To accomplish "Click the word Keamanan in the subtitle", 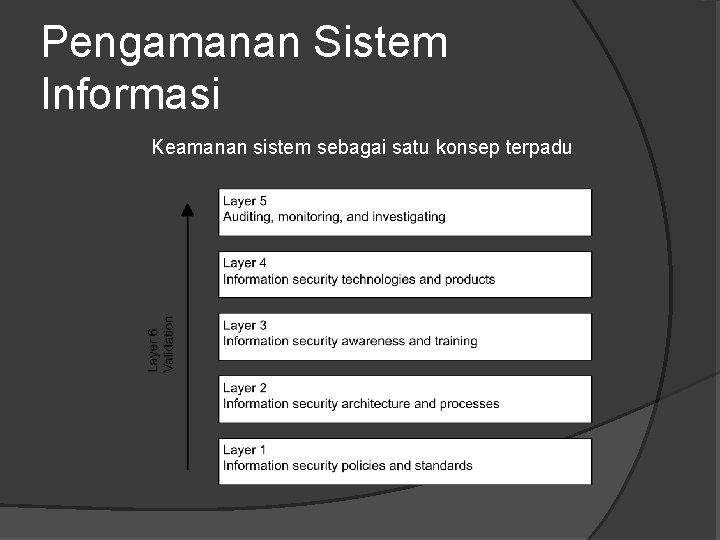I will point(195,148).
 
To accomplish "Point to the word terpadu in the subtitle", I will point(538,148).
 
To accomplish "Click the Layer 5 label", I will point(245,201).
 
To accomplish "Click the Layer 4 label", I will point(245,263).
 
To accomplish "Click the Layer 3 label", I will point(245,325).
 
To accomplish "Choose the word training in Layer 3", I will point(456,341).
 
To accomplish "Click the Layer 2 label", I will point(245,388).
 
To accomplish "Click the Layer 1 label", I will point(245,450).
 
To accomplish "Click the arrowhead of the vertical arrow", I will point(187,209).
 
